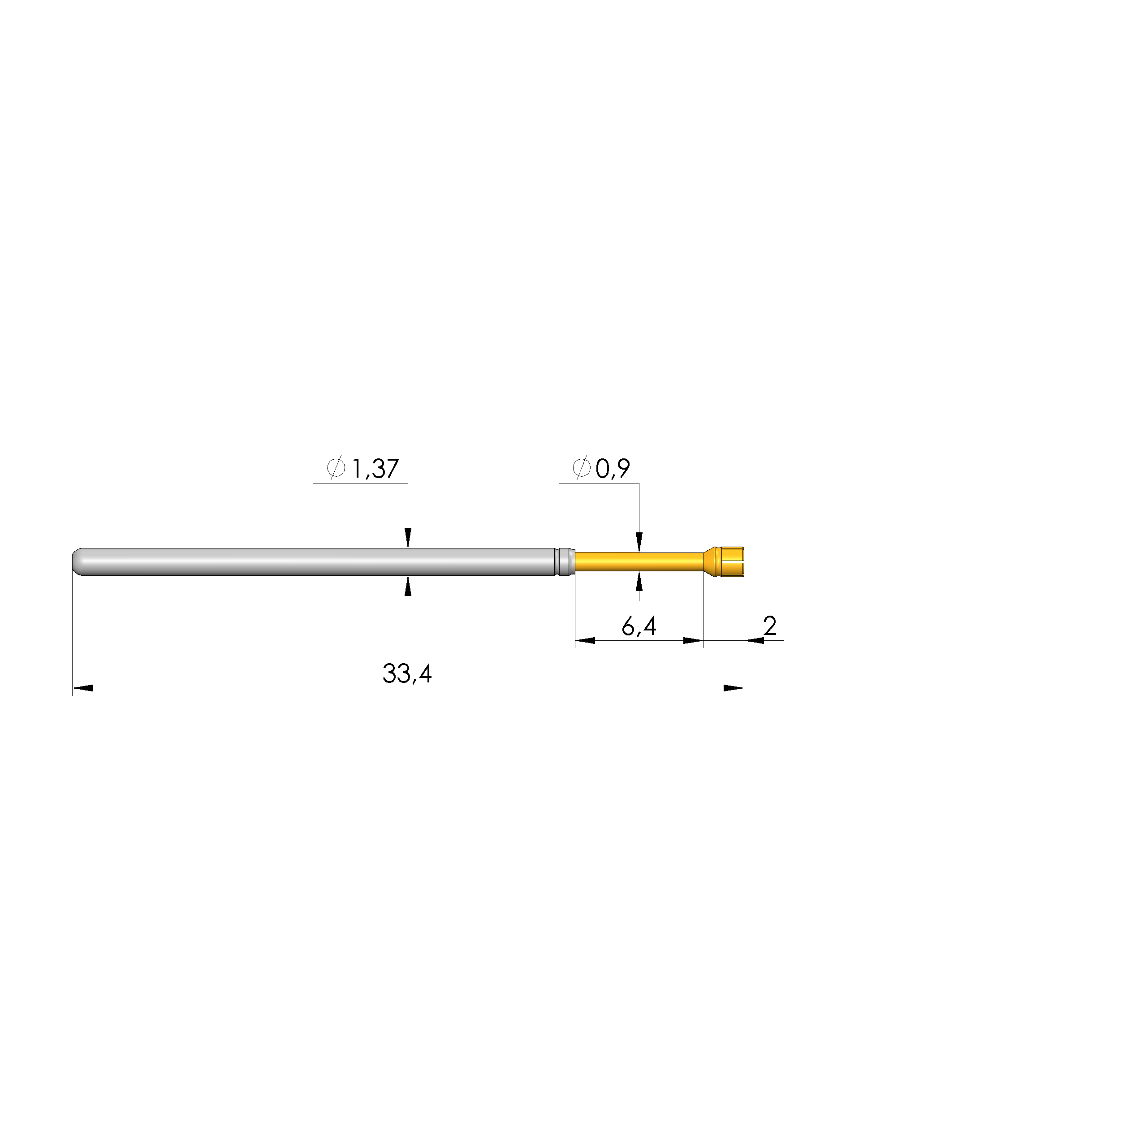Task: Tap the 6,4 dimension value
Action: (639, 626)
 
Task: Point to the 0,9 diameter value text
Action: (613, 468)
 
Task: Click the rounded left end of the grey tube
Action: (77, 561)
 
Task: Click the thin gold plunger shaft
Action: (639, 561)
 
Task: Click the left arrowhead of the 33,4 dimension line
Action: (82, 688)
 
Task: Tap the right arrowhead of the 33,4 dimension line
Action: (734, 688)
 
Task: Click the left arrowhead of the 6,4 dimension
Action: (585, 641)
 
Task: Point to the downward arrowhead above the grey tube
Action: (408, 538)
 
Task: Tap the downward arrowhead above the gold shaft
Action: (639, 542)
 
